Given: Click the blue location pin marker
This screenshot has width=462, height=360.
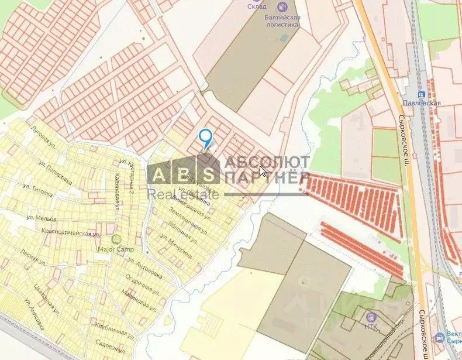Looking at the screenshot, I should tap(205, 138).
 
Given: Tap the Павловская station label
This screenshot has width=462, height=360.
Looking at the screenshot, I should tap(421, 103).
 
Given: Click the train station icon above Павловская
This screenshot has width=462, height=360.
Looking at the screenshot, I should tap(421, 94).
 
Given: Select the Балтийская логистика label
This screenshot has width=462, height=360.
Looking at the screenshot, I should tap(280, 20).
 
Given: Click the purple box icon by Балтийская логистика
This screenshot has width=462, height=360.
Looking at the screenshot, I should tap(283, 7).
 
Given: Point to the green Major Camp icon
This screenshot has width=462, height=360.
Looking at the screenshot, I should tap(116, 239).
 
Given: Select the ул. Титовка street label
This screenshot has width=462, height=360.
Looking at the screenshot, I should tap(37, 190).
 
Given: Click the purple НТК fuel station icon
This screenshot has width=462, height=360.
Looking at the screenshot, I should tap(370, 316).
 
